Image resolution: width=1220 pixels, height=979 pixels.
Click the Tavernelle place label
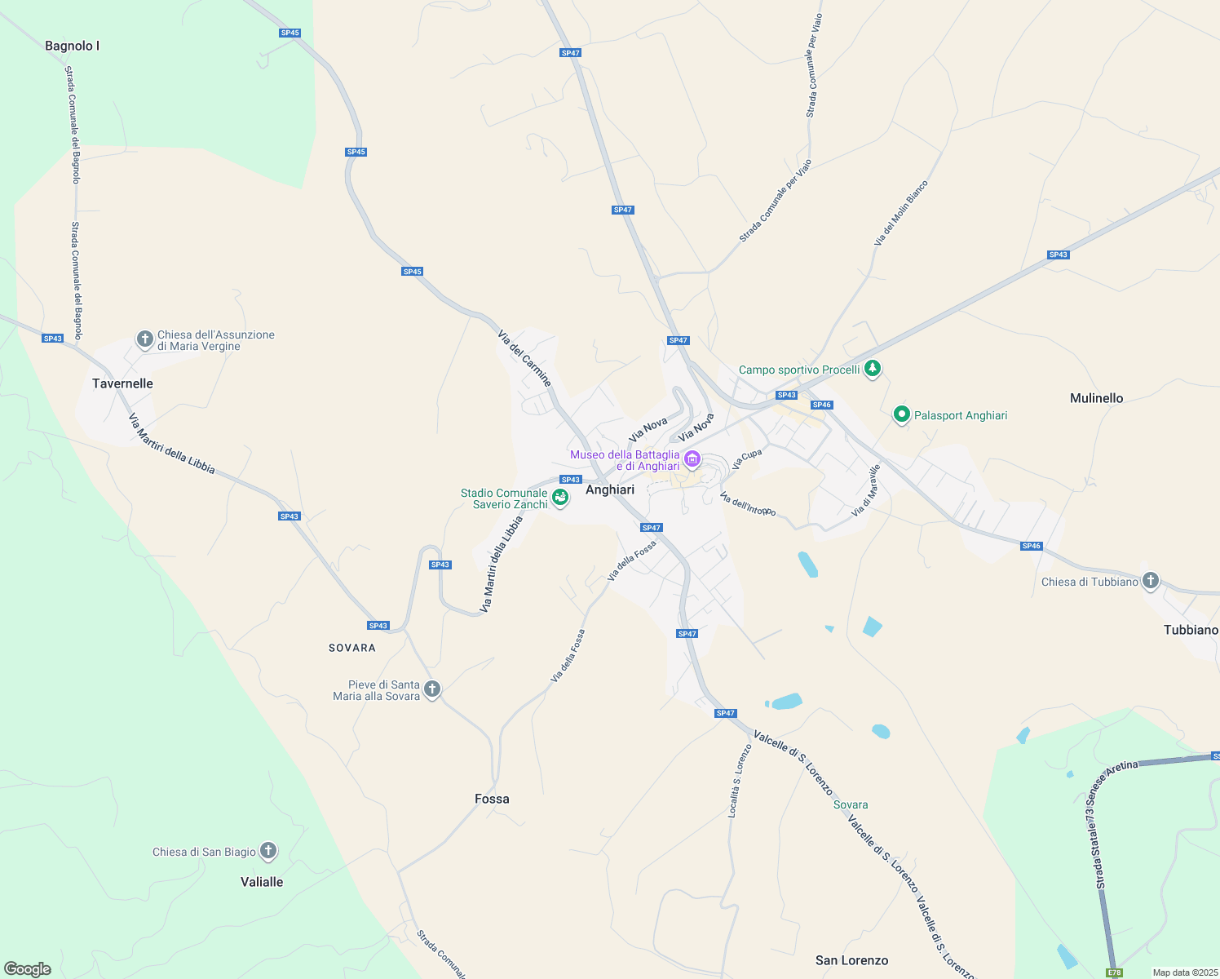point(122,383)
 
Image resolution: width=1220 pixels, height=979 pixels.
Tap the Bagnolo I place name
point(72,46)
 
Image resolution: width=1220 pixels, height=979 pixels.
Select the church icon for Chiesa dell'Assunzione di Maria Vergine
point(145,339)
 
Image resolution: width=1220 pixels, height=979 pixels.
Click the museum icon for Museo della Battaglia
point(692,459)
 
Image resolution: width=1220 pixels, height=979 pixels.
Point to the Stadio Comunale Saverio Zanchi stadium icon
point(560,497)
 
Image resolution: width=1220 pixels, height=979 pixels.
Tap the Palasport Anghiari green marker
point(901,415)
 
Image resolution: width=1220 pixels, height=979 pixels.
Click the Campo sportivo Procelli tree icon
point(873,369)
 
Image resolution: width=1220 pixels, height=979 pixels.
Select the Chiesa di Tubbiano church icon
point(1151,581)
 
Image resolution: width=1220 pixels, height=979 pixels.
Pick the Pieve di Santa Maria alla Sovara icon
point(432,689)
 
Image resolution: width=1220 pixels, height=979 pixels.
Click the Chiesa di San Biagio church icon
point(267,851)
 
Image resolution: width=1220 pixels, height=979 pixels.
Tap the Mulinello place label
point(1096,398)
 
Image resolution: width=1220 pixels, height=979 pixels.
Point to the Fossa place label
point(492,799)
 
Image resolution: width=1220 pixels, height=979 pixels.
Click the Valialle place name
point(262,882)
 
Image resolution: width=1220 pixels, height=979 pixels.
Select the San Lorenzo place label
point(851,960)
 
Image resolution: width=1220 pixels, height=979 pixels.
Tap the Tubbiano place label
point(1191,630)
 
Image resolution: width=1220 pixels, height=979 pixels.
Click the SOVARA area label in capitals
point(352,648)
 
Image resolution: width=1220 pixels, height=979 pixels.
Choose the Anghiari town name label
point(610,489)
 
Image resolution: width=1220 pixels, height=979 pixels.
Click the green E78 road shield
point(1114,972)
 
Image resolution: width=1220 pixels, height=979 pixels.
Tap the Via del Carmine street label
point(524,358)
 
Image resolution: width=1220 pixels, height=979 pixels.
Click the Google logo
point(28,969)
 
